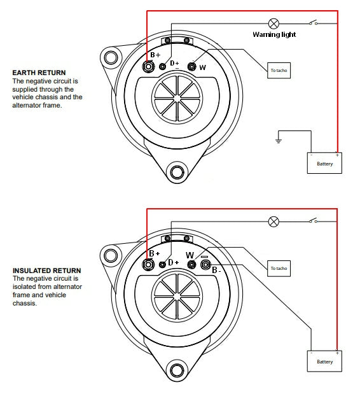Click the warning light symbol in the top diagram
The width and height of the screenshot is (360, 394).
[x=274, y=24]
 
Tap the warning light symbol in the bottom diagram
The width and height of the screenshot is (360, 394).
[x=274, y=222]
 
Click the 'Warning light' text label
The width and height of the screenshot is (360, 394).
[x=273, y=35]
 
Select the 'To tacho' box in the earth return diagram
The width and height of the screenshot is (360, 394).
[x=279, y=70]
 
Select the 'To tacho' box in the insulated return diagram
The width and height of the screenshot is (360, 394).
[x=279, y=268]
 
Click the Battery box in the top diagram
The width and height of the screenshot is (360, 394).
[x=324, y=163]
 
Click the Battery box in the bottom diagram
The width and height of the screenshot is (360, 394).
[x=324, y=361]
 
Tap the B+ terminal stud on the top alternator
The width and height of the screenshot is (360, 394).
[x=149, y=66]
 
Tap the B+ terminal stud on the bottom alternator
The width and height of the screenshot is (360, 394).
[x=149, y=264]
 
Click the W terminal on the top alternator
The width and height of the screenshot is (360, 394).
[x=191, y=66]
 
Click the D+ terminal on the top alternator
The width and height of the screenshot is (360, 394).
[x=163, y=66]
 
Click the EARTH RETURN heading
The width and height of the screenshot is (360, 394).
[x=39, y=73]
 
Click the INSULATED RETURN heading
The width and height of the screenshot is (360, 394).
[x=46, y=271]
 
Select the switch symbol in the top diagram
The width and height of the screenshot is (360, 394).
[x=312, y=24]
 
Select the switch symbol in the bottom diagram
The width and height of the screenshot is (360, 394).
[x=312, y=222]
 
